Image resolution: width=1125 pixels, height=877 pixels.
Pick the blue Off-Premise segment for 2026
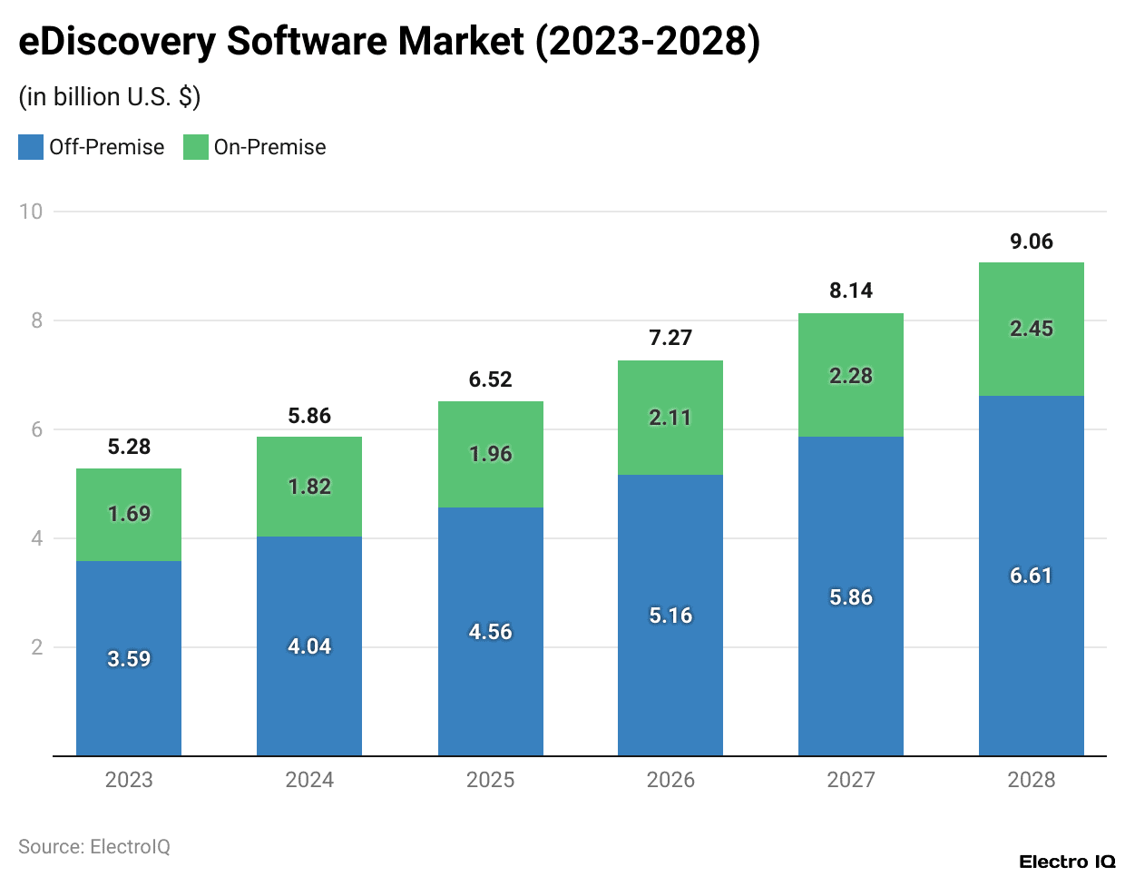pos(670,672)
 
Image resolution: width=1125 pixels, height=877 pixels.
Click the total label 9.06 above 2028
pos(1032,241)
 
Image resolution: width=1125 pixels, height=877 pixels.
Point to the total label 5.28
pos(129,447)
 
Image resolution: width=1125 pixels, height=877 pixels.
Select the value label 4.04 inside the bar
pos(309,646)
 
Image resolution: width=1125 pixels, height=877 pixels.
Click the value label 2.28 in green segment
pos(851,376)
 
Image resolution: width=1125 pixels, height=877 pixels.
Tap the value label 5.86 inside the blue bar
pos(851,597)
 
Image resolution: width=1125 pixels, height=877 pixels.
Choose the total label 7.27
pos(670,338)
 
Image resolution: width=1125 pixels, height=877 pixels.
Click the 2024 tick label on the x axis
pos(309,780)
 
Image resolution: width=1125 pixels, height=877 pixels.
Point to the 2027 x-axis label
pos(851,780)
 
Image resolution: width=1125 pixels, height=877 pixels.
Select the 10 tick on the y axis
pos(31,212)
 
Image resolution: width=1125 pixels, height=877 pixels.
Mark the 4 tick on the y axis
pos(37,538)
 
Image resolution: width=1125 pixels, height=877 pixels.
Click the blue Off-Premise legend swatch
pos(31,147)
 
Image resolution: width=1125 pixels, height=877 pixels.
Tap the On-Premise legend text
pos(269,147)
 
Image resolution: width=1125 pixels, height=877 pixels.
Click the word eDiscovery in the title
pos(117,42)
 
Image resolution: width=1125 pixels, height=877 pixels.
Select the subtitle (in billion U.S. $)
pos(110,97)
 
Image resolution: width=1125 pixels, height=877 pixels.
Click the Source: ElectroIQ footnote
pos(94,847)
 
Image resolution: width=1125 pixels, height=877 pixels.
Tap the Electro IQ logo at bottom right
pos(1067,862)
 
